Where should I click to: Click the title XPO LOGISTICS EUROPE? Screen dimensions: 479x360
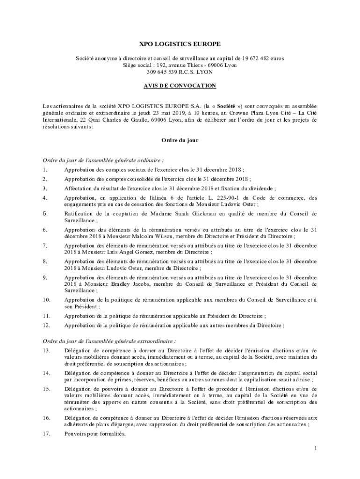[180, 44]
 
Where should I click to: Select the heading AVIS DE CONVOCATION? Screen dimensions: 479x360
[180, 86]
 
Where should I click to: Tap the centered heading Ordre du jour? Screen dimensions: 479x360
[180, 140]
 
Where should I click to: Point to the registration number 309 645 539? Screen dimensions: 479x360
[164, 72]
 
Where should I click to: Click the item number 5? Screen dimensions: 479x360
[45, 214]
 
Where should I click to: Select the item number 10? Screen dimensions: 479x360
[46, 299]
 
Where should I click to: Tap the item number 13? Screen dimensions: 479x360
[46, 350]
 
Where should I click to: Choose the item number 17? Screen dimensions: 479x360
[46, 434]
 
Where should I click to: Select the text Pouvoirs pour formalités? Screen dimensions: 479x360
[95, 434]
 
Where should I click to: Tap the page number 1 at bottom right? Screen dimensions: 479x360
[316, 448]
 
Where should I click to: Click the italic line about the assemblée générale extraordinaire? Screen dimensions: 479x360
[109, 341]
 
